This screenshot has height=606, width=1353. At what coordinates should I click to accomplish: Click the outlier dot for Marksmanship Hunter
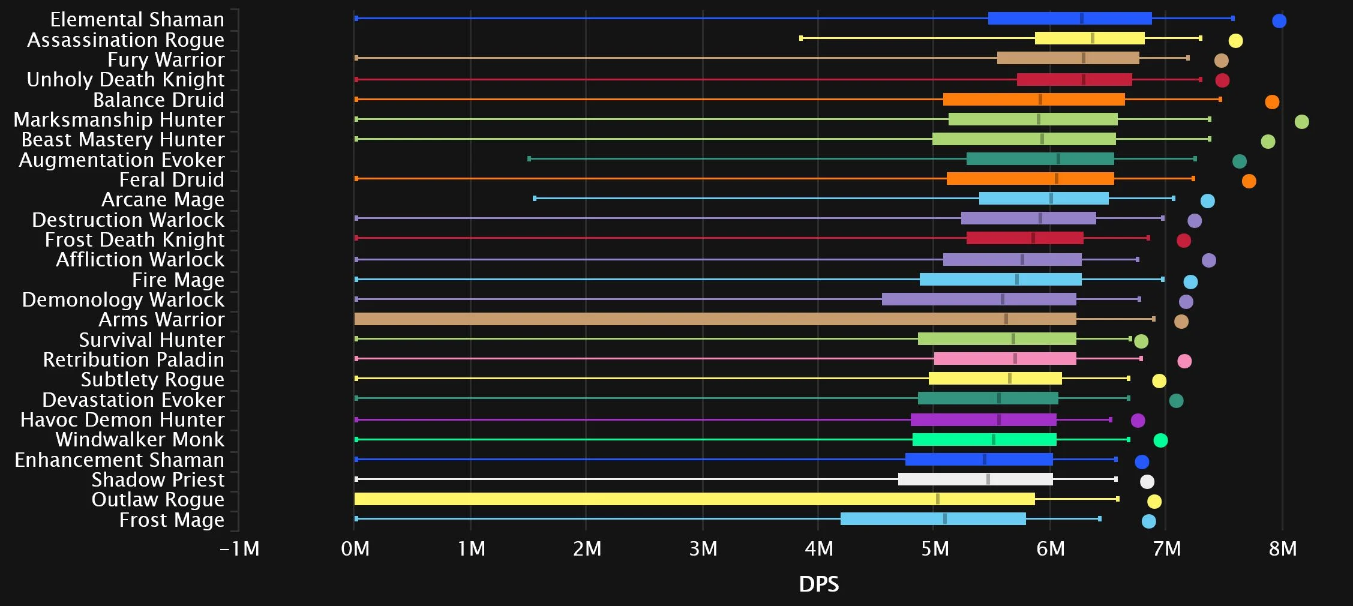click(x=1301, y=122)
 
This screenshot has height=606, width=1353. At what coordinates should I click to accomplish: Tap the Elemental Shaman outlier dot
click(x=1279, y=21)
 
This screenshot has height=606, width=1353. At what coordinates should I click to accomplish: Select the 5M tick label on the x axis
click(x=935, y=549)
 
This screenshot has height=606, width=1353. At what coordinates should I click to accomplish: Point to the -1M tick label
click(x=239, y=549)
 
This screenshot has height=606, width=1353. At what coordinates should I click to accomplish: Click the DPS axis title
click(x=819, y=584)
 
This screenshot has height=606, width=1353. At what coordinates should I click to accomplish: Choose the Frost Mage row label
click(x=172, y=520)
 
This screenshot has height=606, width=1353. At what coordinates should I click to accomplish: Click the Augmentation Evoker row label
click(x=122, y=160)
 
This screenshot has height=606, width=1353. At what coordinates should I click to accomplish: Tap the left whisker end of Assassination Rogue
click(x=801, y=38)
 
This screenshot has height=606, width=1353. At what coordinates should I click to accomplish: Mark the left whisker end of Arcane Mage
click(x=535, y=198)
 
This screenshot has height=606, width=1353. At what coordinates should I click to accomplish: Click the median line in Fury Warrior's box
click(x=1083, y=58)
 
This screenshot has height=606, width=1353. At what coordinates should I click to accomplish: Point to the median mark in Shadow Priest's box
click(x=988, y=479)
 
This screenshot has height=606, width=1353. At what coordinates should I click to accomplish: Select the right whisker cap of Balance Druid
click(x=1220, y=99)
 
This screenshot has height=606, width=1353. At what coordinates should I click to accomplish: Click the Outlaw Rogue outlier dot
click(x=1154, y=502)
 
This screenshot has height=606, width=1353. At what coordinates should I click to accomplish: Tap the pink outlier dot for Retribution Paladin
click(x=1184, y=361)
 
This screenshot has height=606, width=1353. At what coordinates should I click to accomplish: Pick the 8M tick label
click(x=1283, y=549)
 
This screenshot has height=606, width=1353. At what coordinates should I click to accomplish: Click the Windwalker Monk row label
click(x=140, y=440)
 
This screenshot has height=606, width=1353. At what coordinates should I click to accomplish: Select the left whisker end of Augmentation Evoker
click(x=529, y=158)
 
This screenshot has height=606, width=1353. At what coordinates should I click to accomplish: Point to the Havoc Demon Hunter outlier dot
click(x=1138, y=421)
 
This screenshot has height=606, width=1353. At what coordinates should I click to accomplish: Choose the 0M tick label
click(x=355, y=549)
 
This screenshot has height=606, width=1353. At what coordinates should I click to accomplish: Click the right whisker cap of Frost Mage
click(x=1099, y=518)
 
